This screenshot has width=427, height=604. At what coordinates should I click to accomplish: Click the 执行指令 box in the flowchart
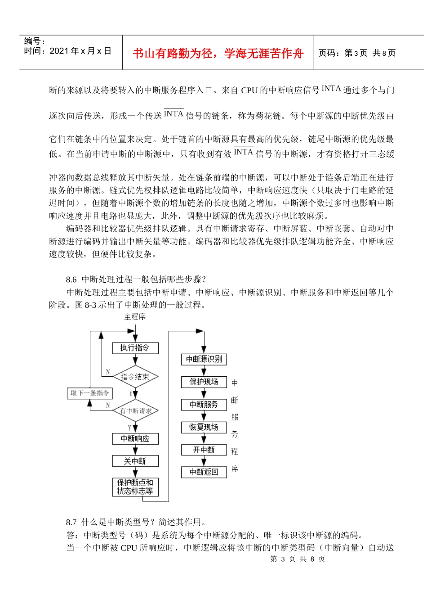(135, 348)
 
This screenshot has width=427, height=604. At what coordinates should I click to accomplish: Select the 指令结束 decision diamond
(135, 377)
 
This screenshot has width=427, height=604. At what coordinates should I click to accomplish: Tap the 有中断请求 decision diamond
(135, 410)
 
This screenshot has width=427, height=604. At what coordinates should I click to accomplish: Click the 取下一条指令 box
(90, 393)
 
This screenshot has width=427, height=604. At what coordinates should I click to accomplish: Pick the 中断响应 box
(135, 438)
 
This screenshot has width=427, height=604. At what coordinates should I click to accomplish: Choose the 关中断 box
(135, 461)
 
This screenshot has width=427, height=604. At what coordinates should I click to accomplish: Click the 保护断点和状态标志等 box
(135, 487)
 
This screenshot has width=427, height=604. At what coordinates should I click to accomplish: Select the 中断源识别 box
(204, 359)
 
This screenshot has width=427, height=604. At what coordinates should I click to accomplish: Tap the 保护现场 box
(204, 382)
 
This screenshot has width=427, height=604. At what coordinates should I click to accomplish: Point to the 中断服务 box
(204, 405)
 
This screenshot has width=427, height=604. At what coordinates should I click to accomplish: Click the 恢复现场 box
(204, 427)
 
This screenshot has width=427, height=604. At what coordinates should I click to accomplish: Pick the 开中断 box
(204, 450)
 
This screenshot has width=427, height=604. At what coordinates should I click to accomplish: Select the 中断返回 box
(204, 472)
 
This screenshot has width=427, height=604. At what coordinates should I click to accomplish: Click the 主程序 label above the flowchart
(135, 317)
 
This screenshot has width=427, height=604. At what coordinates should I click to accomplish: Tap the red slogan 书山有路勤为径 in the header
(218, 54)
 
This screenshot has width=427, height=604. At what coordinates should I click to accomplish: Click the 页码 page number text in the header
(357, 53)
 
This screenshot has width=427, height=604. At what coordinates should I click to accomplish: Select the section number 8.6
(71, 279)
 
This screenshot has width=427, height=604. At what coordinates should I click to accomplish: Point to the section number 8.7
(71, 522)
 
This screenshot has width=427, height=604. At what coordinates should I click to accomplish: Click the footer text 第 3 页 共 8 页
(297, 559)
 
